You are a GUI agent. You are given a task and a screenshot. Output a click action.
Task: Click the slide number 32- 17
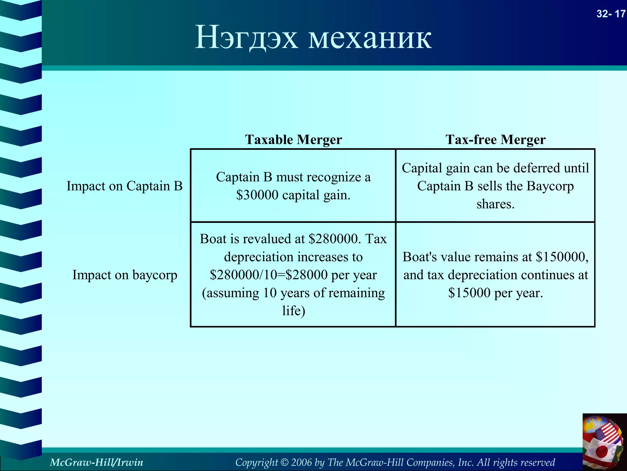(610, 14)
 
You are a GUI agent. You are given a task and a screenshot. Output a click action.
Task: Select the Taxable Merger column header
(293, 140)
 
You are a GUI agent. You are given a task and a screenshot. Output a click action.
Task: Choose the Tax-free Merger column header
(495, 140)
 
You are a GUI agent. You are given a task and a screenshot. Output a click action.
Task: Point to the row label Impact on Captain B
(125, 186)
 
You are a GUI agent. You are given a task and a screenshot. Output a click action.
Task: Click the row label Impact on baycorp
(125, 275)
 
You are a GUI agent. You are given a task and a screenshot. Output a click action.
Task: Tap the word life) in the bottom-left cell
(294, 311)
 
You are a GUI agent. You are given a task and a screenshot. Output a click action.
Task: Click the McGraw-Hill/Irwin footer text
(96, 462)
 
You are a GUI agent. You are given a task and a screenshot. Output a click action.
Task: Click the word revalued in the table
(266, 239)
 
